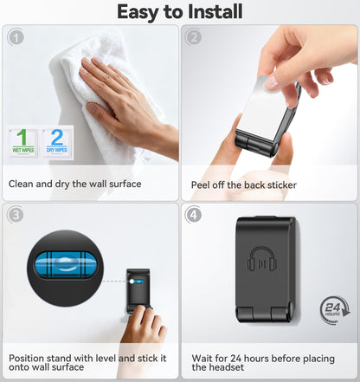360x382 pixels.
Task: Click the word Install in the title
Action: click(x=215, y=12)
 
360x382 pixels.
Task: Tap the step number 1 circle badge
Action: click(x=16, y=37)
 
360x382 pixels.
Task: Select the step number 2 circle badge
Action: click(x=194, y=37)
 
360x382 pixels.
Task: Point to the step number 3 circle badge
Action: click(x=16, y=215)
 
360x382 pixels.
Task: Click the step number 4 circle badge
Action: click(x=194, y=215)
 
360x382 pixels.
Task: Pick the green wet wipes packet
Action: click(x=22, y=142)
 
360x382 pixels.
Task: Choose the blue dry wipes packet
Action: click(x=57, y=142)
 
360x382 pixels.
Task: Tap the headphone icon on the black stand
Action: click(x=261, y=259)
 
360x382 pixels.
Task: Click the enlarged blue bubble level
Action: click(x=66, y=265)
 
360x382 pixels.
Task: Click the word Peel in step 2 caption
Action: click(x=201, y=185)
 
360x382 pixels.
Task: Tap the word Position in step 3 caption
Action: click(x=26, y=359)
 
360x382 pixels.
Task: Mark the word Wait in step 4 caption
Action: click(x=202, y=359)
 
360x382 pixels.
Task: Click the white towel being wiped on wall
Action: click(x=95, y=95)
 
